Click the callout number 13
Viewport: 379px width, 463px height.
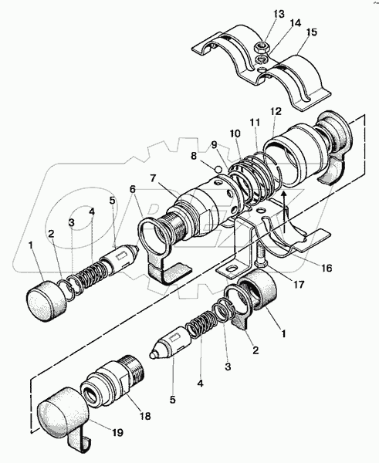point(279,14)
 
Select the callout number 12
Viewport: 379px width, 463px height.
point(276,111)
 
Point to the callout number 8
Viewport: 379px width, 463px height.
point(194,156)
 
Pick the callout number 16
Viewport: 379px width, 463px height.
point(327,268)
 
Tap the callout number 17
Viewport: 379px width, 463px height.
point(299,285)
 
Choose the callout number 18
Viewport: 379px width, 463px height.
point(144,416)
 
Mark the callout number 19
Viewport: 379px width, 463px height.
point(117,433)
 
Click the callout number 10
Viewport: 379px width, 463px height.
point(235,133)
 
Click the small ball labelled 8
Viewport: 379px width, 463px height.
point(218,169)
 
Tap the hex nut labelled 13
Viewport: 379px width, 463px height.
point(261,46)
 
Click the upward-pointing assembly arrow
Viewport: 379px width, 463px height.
point(284,211)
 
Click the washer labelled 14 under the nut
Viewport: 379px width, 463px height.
point(260,59)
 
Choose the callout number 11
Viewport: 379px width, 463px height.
point(255,122)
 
